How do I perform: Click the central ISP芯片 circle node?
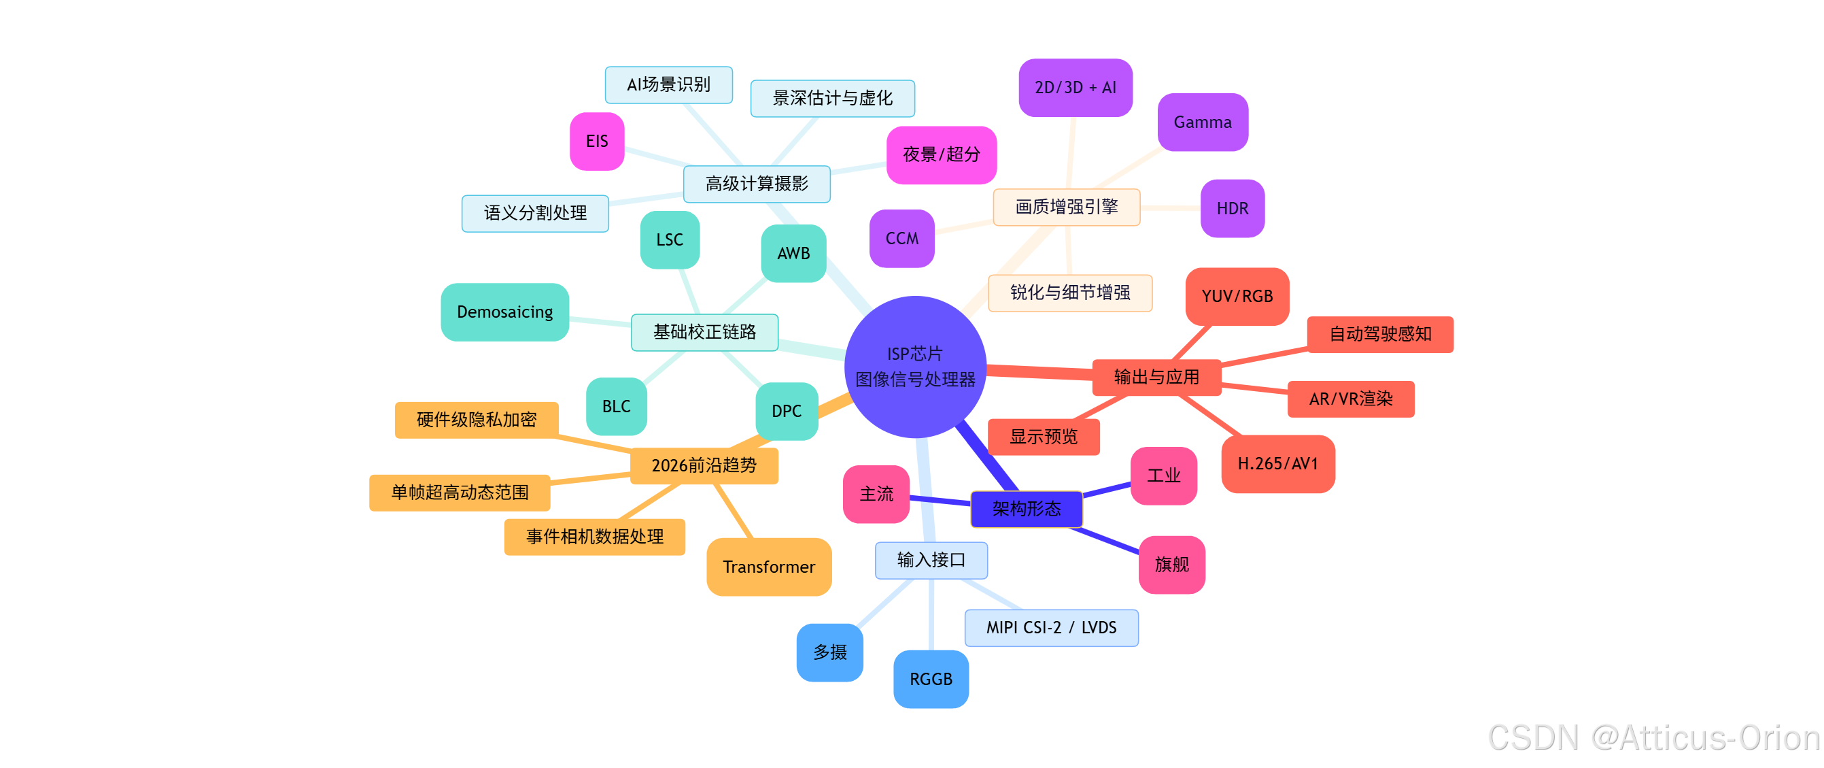pyautogui.click(x=915, y=366)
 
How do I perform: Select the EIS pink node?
pyautogui.click(x=597, y=141)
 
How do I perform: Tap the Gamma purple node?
pyautogui.click(x=1203, y=122)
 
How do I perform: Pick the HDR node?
pyautogui.click(x=1232, y=208)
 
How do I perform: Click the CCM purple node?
pyautogui.click(x=901, y=238)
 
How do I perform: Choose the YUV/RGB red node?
pyautogui.click(x=1237, y=296)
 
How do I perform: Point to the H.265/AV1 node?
pyautogui.click(x=1277, y=463)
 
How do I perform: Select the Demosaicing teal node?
pyautogui.click(x=504, y=312)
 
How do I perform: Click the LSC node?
pyautogui.click(x=669, y=239)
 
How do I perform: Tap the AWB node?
pyautogui.click(x=793, y=253)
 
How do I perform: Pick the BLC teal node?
pyautogui.click(x=616, y=406)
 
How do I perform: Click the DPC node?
pyautogui.click(x=786, y=411)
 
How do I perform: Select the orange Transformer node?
pyautogui.click(x=768, y=567)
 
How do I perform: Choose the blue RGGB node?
pyautogui.click(x=931, y=679)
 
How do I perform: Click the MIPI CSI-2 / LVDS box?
pyautogui.click(x=1051, y=628)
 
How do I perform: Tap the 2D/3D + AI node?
pyautogui.click(x=1075, y=87)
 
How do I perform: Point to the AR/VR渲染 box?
pyautogui.click(x=1350, y=399)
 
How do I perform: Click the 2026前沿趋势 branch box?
pyautogui.click(x=704, y=465)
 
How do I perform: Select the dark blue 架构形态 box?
pyautogui.click(x=1026, y=509)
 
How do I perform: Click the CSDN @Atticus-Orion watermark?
pyautogui.click(x=1653, y=737)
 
